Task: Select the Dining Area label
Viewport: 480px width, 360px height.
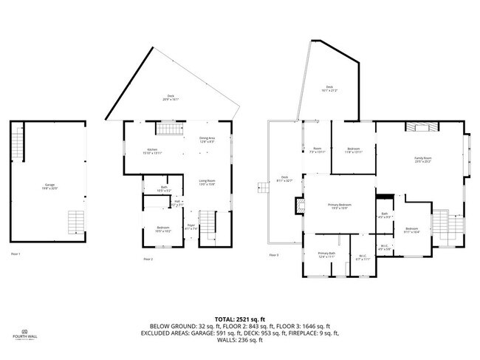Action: point(207,140)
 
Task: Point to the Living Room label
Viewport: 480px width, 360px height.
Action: point(207,183)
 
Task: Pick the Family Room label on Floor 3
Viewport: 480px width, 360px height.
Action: point(422,160)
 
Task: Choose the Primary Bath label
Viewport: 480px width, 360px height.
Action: point(327,256)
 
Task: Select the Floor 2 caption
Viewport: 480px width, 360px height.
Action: point(148,259)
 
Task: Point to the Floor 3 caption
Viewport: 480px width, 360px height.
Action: point(274,255)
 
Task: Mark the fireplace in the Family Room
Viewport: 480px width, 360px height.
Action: point(421,128)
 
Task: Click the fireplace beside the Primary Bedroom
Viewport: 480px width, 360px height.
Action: point(300,206)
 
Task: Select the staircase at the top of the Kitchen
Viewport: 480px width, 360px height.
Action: point(167,130)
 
